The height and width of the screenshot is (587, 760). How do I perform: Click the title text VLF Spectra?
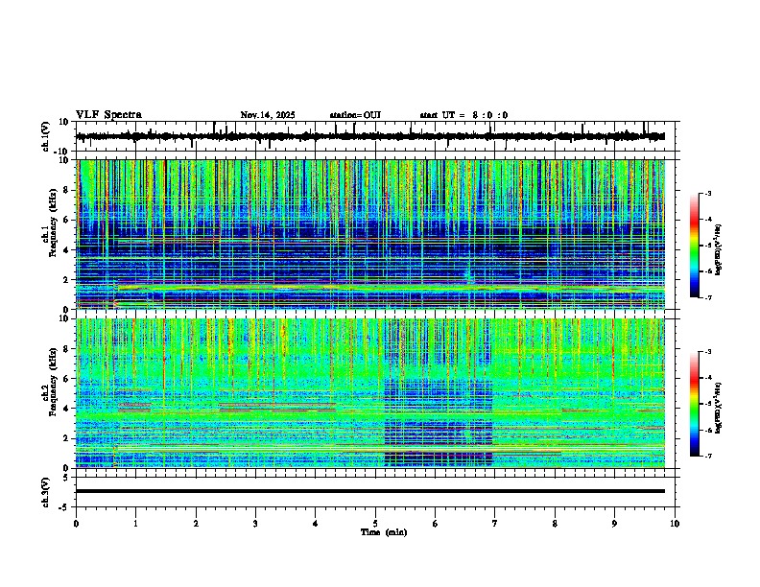tap(108, 115)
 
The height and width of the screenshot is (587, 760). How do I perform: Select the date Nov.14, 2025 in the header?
tap(268, 115)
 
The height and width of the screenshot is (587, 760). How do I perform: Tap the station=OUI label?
tap(355, 115)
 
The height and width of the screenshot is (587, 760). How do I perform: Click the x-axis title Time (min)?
tap(383, 532)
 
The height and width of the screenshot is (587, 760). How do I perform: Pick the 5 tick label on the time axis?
tap(375, 524)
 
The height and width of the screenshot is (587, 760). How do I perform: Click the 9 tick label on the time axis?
tap(615, 524)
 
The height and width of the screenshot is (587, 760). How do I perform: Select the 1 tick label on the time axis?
tap(135, 524)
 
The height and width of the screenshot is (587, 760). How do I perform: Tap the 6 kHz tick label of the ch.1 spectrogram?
tap(65, 220)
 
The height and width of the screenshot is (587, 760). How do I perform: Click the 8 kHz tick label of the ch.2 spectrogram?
tap(65, 349)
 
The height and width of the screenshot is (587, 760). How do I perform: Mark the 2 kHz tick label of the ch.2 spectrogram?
tap(65, 438)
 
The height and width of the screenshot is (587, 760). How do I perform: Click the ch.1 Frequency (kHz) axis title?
tap(49, 234)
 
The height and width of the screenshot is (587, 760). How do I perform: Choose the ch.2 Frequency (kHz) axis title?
tap(49, 392)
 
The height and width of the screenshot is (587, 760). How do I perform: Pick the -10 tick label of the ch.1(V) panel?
tap(61, 151)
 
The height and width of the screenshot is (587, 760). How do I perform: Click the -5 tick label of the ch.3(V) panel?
tap(63, 505)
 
